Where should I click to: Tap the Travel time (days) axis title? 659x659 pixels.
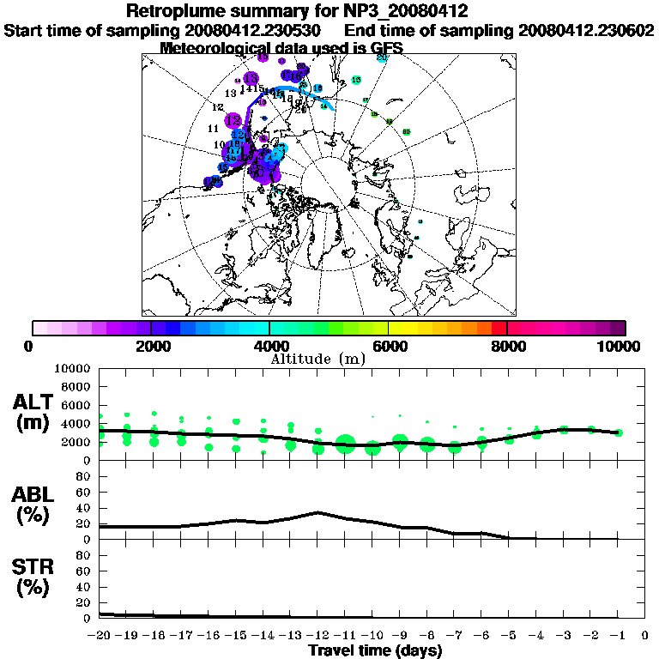click(375, 651)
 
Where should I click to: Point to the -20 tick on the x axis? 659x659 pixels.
click(100, 635)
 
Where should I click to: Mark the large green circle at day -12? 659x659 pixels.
click(345, 444)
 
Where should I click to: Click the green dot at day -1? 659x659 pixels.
click(618, 432)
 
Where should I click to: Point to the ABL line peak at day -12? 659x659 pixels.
click(318, 512)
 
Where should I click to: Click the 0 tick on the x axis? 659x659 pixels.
click(645, 635)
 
